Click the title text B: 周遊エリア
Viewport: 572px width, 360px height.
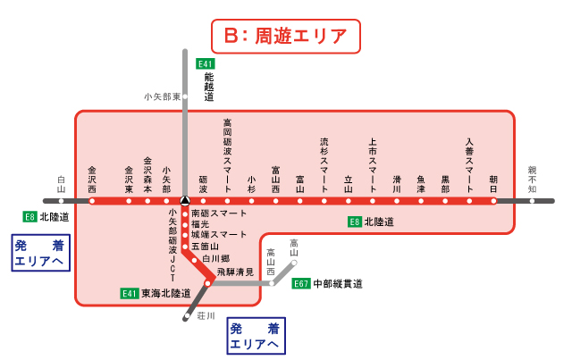pos(285,37)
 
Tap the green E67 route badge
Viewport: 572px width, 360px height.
pos(300,284)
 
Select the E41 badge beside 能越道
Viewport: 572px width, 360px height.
pos(206,64)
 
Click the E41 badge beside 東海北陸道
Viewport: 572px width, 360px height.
pos(130,293)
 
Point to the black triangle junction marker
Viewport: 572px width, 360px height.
pos(184,201)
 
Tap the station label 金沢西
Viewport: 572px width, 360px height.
pos(92,179)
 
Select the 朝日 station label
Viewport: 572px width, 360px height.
pos(492,182)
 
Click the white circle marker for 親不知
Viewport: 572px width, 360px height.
pos(532,201)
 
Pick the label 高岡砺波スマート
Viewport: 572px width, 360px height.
pos(227,156)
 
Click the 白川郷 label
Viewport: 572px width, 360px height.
pos(217,258)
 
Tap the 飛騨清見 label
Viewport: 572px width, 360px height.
pos(235,271)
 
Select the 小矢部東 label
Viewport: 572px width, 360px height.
pos(162,96)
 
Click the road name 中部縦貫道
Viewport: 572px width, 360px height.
pos(338,284)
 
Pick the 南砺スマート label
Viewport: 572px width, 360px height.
pos(218,213)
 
